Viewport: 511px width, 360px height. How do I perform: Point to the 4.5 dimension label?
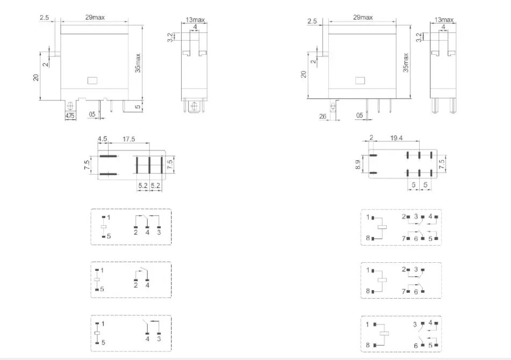tap(102, 139)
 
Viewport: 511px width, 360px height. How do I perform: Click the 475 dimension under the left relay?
tap(70, 116)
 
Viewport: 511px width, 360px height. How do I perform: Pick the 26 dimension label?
tap(322, 116)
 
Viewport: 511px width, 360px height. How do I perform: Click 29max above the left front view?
tap(95, 18)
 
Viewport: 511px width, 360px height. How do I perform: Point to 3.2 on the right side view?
tap(420, 38)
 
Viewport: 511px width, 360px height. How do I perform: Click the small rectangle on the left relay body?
tap(91, 81)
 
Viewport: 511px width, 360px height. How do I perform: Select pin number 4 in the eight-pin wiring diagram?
tap(430, 217)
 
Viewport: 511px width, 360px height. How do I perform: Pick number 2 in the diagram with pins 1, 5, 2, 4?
tap(135, 285)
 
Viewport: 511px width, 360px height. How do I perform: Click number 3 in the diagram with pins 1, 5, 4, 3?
tap(159, 339)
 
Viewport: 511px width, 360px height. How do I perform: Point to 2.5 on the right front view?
tap(312, 21)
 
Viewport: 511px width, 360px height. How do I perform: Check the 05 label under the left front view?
tap(92, 114)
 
